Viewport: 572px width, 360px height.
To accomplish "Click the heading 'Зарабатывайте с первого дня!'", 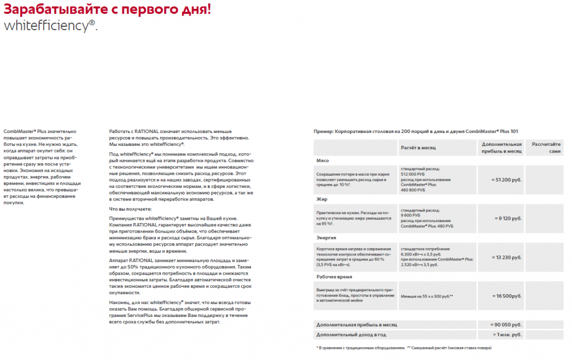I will coord(107,10).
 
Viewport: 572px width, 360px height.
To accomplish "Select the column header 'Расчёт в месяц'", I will coord(418,148).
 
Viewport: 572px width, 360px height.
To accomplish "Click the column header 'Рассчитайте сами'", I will coord(546,148).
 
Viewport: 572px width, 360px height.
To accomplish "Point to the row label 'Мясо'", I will coord(322,160).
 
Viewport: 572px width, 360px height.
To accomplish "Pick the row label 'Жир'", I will coord(321,198).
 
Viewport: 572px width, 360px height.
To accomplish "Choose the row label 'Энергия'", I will coord(326,237).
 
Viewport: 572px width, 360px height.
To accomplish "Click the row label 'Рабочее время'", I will coord(334,276).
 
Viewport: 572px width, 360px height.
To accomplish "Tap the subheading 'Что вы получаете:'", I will coord(130,209).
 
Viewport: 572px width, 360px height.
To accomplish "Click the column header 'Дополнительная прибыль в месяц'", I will coord(501,148).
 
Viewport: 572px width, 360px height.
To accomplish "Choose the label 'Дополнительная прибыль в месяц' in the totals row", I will coord(356,324).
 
